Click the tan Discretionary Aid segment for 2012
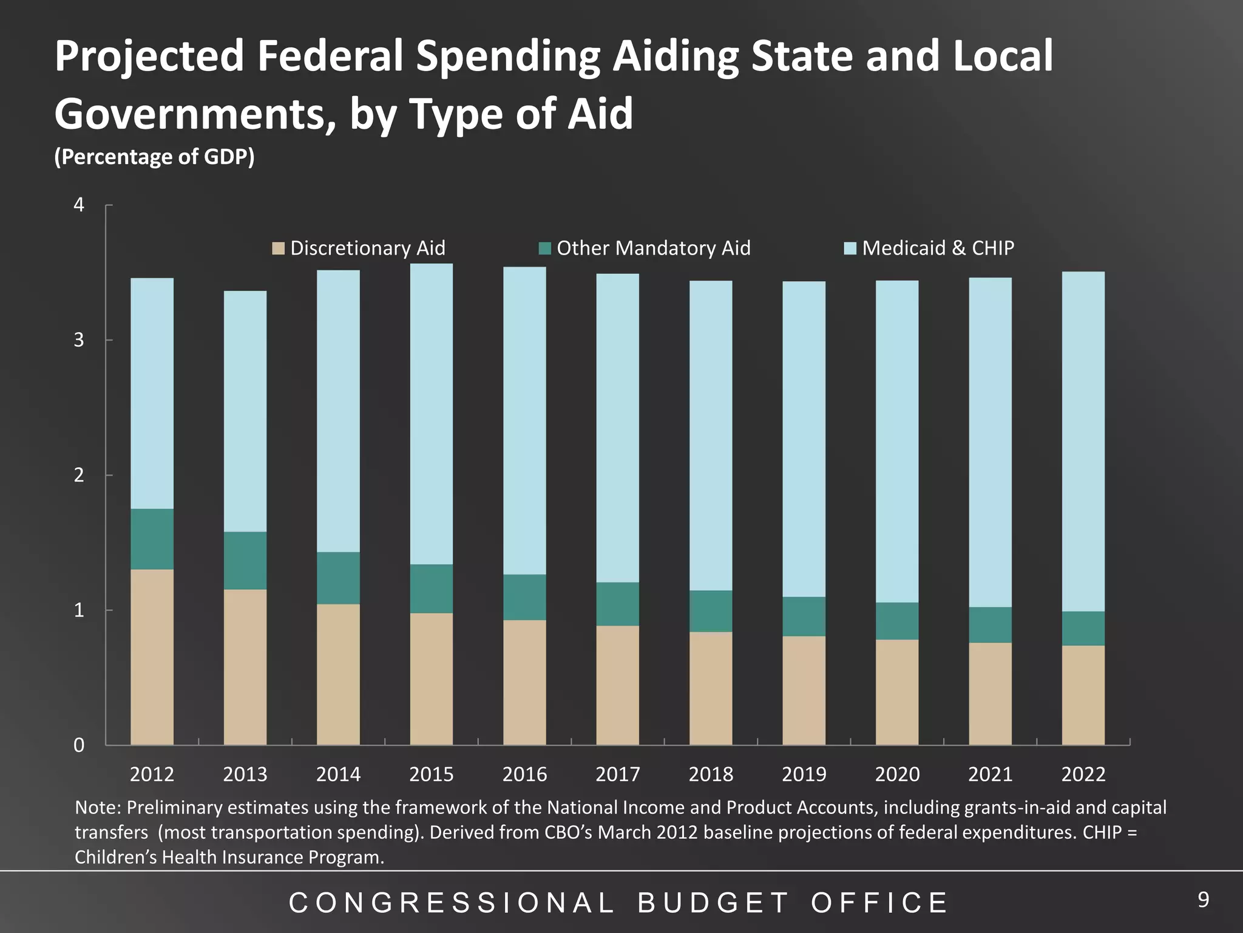pyautogui.click(x=152, y=656)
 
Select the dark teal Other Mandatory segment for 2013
pyautogui.click(x=245, y=560)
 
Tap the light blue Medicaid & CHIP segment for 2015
pyautogui.click(x=432, y=413)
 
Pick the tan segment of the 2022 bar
pyautogui.click(x=1083, y=695)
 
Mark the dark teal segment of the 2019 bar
pyautogui.click(x=804, y=616)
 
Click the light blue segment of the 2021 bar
pyautogui.click(x=991, y=442)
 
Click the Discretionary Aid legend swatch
pyautogui.click(x=279, y=248)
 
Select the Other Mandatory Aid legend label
pyautogui.click(x=653, y=248)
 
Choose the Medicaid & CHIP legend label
pyautogui.click(x=938, y=248)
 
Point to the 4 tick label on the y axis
pyautogui.click(x=79, y=205)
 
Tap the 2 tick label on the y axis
pyautogui.click(x=79, y=475)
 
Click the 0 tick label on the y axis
pyautogui.click(x=79, y=745)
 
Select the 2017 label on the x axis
pyautogui.click(x=618, y=774)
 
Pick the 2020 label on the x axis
pyautogui.click(x=897, y=774)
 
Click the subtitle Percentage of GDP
pyautogui.click(x=154, y=157)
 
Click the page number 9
pyautogui.click(x=1203, y=900)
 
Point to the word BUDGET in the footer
pyautogui.click(x=713, y=903)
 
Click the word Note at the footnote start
pyautogui.click(x=98, y=808)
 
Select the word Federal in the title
pyautogui.click(x=330, y=56)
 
